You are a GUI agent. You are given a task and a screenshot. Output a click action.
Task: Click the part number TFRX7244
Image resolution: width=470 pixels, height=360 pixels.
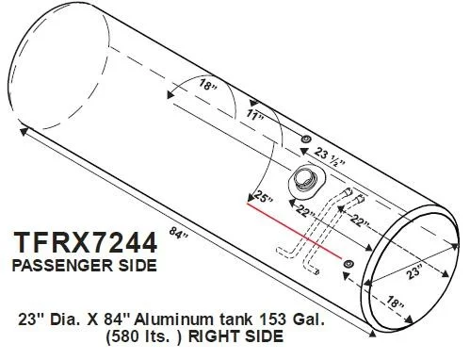(85, 242)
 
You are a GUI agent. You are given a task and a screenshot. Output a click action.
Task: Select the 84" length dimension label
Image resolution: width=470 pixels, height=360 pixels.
(179, 233)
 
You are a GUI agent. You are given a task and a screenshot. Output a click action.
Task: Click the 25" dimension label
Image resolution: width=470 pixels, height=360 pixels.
(265, 198)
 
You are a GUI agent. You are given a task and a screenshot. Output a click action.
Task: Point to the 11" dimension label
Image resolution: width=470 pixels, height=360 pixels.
(255, 115)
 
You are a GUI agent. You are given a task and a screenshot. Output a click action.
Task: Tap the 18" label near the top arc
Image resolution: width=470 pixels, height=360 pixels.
(207, 84)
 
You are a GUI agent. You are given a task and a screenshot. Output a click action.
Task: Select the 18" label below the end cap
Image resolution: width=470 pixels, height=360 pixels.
(395, 303)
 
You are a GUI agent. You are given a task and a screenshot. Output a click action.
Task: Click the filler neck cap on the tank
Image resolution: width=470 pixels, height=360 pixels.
(305, 183)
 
